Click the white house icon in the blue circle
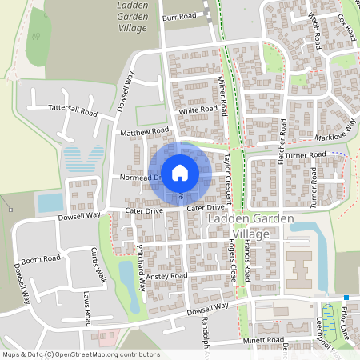tap(180, 172)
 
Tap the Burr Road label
tap(178, 16)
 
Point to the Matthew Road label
tap(144, 130)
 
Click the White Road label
tap(198, 110)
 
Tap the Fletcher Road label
tap(282, 142)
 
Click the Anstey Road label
tap(166, 276)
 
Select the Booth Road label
tap(41, 259)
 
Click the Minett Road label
tap(264, 340)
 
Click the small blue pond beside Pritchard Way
tap(127, 276)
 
